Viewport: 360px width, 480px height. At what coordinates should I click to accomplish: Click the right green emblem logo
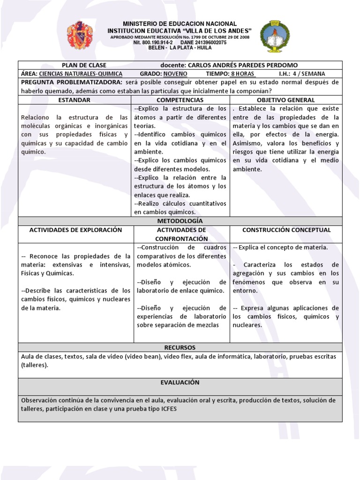click(x=272, y=36)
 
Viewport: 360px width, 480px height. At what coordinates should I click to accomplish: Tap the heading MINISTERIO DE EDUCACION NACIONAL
click(x=180, y=24)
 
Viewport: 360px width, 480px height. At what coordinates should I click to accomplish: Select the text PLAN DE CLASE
click(x=84, y=65)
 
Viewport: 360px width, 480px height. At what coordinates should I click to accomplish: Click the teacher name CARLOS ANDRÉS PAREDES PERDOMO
click(x=242, y=65)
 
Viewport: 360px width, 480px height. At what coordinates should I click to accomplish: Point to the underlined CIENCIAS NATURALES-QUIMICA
click(x=81, y=74)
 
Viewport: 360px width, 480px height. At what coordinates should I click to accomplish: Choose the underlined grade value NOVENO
click(x=175, y=74)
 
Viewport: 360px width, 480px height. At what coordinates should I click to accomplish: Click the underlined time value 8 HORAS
click(x=241, y=74)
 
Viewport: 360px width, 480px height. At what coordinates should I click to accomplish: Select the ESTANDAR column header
click(x=74, y=100)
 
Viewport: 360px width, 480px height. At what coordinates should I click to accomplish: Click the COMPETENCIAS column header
click(x=180, y=100)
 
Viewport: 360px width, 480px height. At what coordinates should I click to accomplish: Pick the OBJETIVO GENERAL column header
click(x=286, y=100)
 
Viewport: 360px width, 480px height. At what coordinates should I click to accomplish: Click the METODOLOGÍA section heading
click(x=180, y=220)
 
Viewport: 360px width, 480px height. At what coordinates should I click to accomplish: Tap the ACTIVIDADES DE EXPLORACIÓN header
click(x=75, y=230)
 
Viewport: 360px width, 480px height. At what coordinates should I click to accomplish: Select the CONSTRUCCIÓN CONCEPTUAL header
click(x=286, y=230)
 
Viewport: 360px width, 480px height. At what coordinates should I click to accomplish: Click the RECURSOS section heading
click(x=180, y=347)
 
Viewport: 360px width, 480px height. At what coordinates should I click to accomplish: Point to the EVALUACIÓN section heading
click(x=180, y=382)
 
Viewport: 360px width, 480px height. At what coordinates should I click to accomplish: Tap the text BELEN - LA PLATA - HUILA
click(x=180, y=48)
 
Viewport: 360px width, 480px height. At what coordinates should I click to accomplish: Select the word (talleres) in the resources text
click(x=34, y=365)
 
